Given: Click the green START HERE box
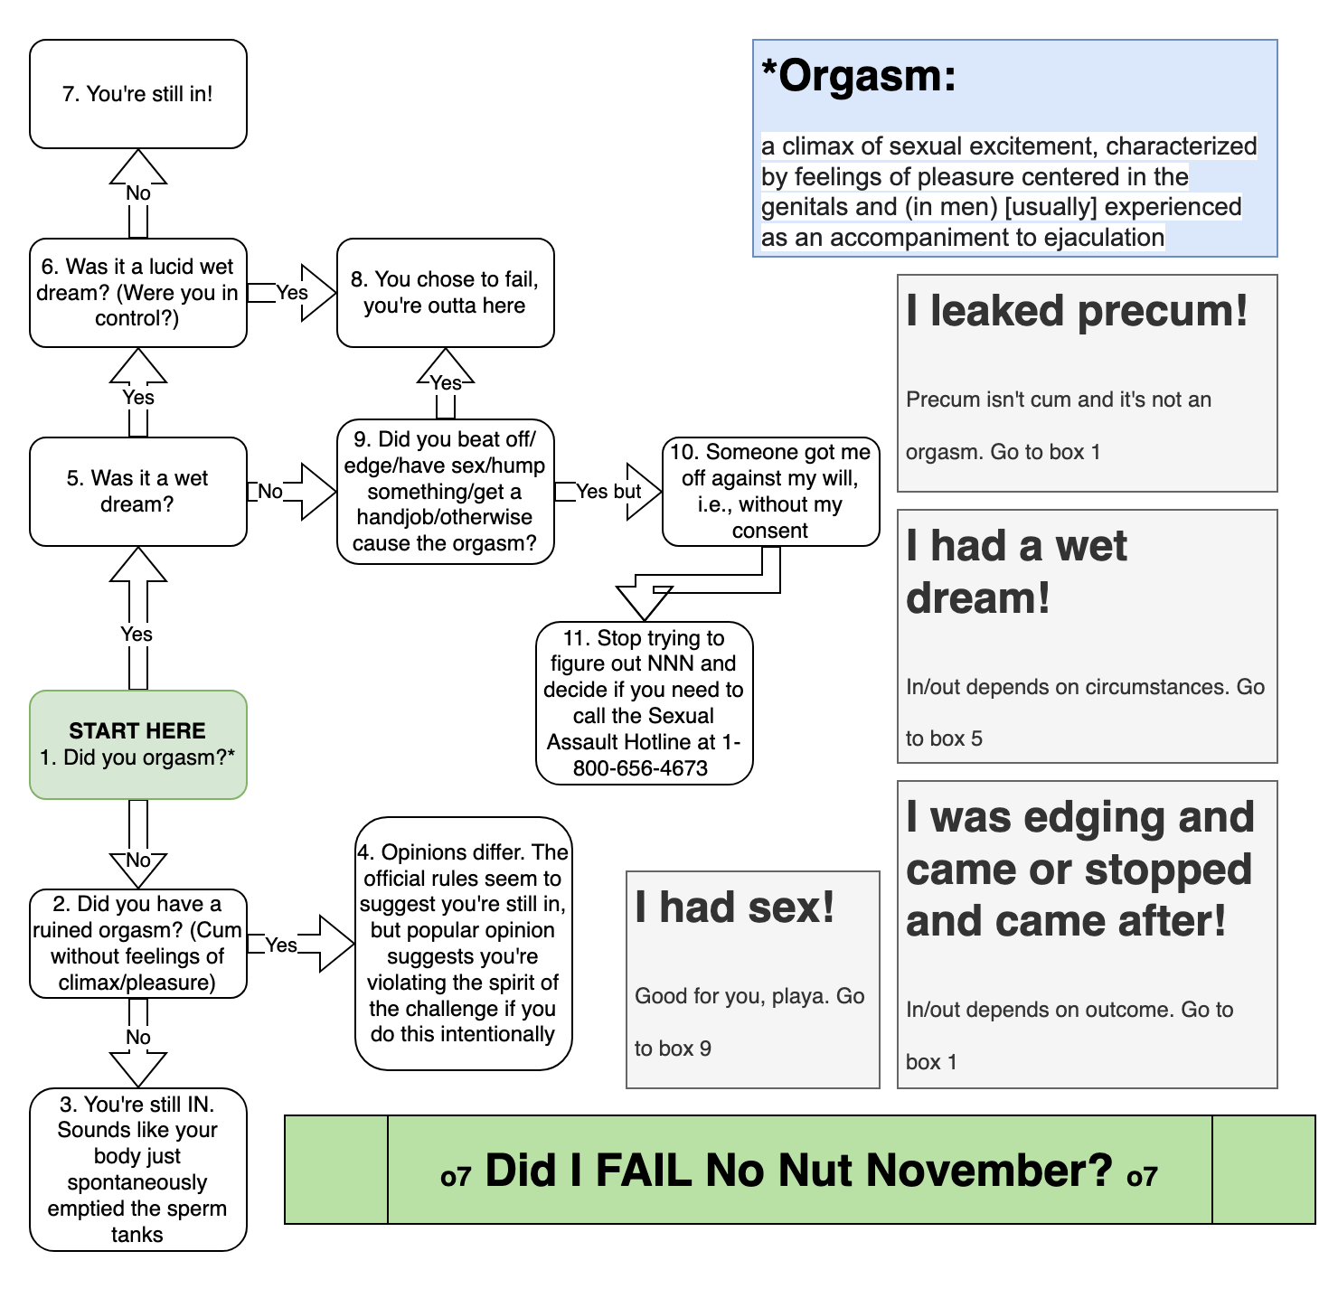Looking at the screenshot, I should (137, 744).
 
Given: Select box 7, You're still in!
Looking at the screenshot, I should (137, 94).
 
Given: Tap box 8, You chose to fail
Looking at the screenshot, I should (445, 292).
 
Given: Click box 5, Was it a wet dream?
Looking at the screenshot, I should (137, 491).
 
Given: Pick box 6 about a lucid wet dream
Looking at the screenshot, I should (137, 292).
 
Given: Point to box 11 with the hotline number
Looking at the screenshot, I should (644, 702).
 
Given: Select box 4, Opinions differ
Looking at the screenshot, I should (463, 943).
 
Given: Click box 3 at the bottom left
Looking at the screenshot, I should (137, 1169).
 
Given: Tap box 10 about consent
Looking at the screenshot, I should (770, 491).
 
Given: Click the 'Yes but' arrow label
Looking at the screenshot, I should (608, 491).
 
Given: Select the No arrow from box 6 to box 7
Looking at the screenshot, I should (138, 193).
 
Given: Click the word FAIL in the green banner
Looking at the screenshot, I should (645, 1171).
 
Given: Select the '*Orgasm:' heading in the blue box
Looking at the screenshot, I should (859, 76).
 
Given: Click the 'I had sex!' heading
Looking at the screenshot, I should (734, 907).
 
